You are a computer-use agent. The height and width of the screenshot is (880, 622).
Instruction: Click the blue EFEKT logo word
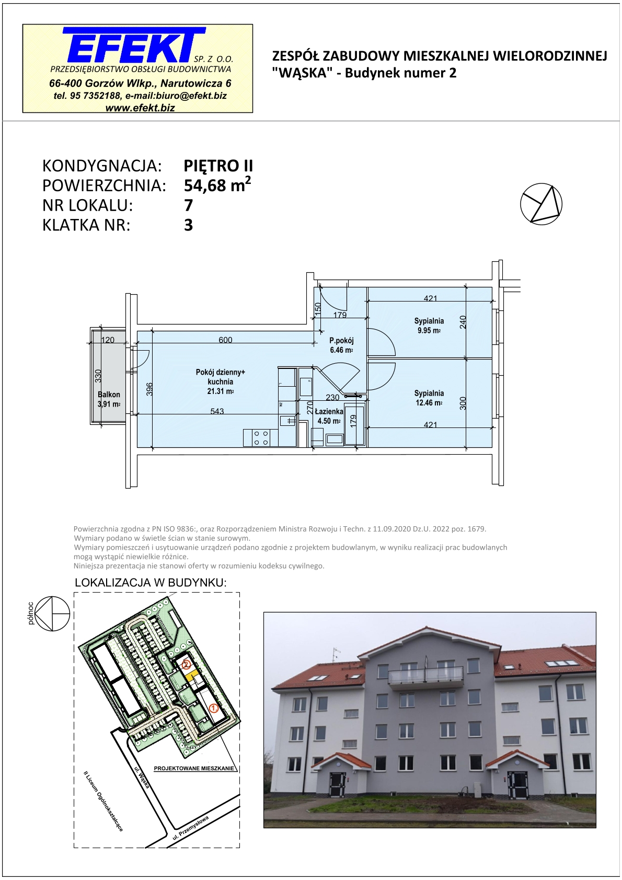point(134,45)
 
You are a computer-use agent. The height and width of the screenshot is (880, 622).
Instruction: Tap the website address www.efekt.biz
point(140,108)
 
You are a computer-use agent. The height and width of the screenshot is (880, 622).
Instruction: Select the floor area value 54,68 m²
point(217,184)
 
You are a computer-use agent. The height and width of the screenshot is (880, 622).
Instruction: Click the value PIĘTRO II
point(218,166)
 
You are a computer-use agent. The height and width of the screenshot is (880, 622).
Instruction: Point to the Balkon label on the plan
point(109,395)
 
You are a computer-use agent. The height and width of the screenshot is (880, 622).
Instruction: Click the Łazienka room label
point(330,412)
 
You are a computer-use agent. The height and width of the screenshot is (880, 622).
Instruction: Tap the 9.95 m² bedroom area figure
point(429,330)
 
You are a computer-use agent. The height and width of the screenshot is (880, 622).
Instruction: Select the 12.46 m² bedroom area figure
point(429,403)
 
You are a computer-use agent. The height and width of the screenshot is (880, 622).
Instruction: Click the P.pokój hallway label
point(341,341)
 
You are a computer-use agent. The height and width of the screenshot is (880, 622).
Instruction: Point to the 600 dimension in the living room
point(225,340)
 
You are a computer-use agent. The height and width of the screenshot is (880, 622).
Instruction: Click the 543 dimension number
point(217,411)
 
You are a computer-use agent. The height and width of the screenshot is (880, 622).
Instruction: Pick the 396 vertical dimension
point(149,389)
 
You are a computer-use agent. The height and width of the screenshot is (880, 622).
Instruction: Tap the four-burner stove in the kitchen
point(261,438)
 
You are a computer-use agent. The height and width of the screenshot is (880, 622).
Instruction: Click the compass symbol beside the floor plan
point(541,204)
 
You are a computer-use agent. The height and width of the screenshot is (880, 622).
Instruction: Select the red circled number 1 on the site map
point(214,708)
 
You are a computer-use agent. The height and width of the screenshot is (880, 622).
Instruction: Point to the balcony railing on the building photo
point(425,676)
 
